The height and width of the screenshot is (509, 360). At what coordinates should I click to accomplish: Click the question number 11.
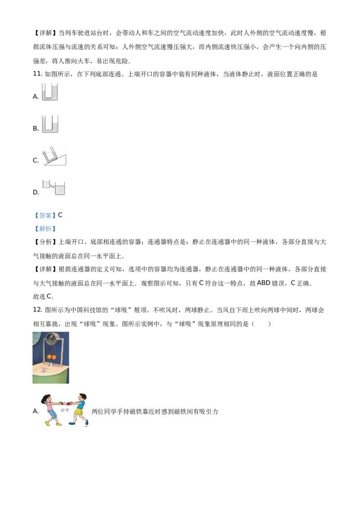coord(38,74)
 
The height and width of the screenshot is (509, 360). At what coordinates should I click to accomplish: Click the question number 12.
coord(38,310)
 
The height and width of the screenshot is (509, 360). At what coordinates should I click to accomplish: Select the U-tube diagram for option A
coord(49,92)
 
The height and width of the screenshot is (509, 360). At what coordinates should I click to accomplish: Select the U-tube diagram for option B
coord(50,124)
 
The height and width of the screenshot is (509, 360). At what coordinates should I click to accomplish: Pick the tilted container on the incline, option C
coord(54,156)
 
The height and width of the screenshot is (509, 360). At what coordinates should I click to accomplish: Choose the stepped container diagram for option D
coord(54,188)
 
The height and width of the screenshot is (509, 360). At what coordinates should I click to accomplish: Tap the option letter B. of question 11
coord(36,129)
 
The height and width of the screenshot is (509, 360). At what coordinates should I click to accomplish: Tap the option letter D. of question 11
coord(36,192)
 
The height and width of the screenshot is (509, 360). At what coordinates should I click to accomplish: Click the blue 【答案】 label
coord(45,215)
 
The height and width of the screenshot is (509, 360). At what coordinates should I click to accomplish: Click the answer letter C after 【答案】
coord(60,215)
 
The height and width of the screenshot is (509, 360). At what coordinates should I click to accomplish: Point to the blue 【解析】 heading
coord(45,229)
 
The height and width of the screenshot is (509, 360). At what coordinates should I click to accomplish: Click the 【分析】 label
coord(45,242)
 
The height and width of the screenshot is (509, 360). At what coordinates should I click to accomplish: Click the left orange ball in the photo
coord(49,357)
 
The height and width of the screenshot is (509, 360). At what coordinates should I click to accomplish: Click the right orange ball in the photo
coord(54,357)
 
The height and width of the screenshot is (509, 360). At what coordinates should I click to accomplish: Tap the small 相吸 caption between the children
coord(65,411)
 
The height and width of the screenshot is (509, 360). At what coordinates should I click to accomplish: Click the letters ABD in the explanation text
coord(264,283)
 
